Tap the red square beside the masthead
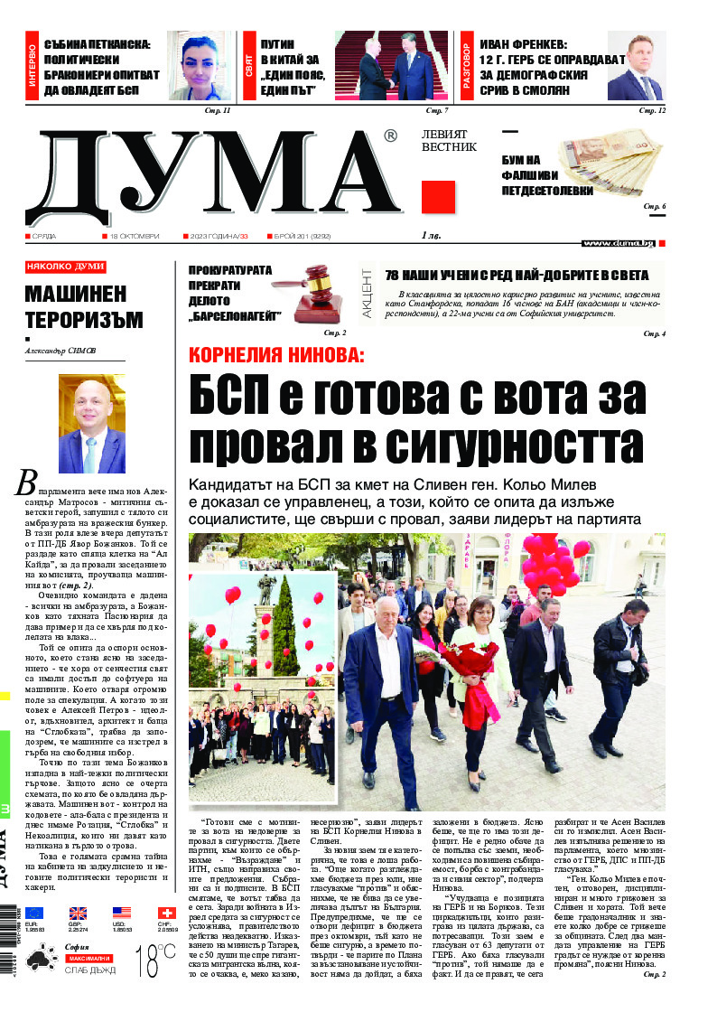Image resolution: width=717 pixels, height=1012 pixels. click(x=438, y=197)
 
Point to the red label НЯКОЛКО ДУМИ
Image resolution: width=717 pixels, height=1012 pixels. click(x=65, y=267)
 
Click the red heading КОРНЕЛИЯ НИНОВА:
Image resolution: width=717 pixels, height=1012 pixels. click(x=276, y=355)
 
